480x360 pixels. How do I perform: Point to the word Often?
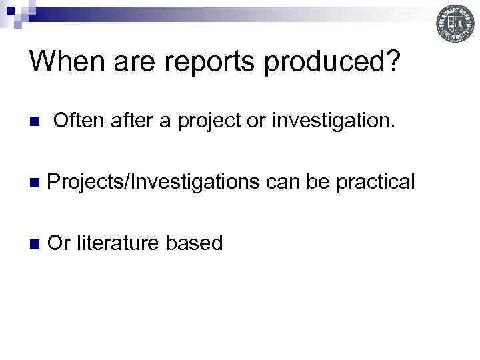(x=77, y=121)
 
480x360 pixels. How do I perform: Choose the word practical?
(x=376, y=182)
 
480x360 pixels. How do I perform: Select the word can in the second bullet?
(x=284, y=182)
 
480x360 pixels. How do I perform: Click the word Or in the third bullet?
(x=59, y=243)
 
